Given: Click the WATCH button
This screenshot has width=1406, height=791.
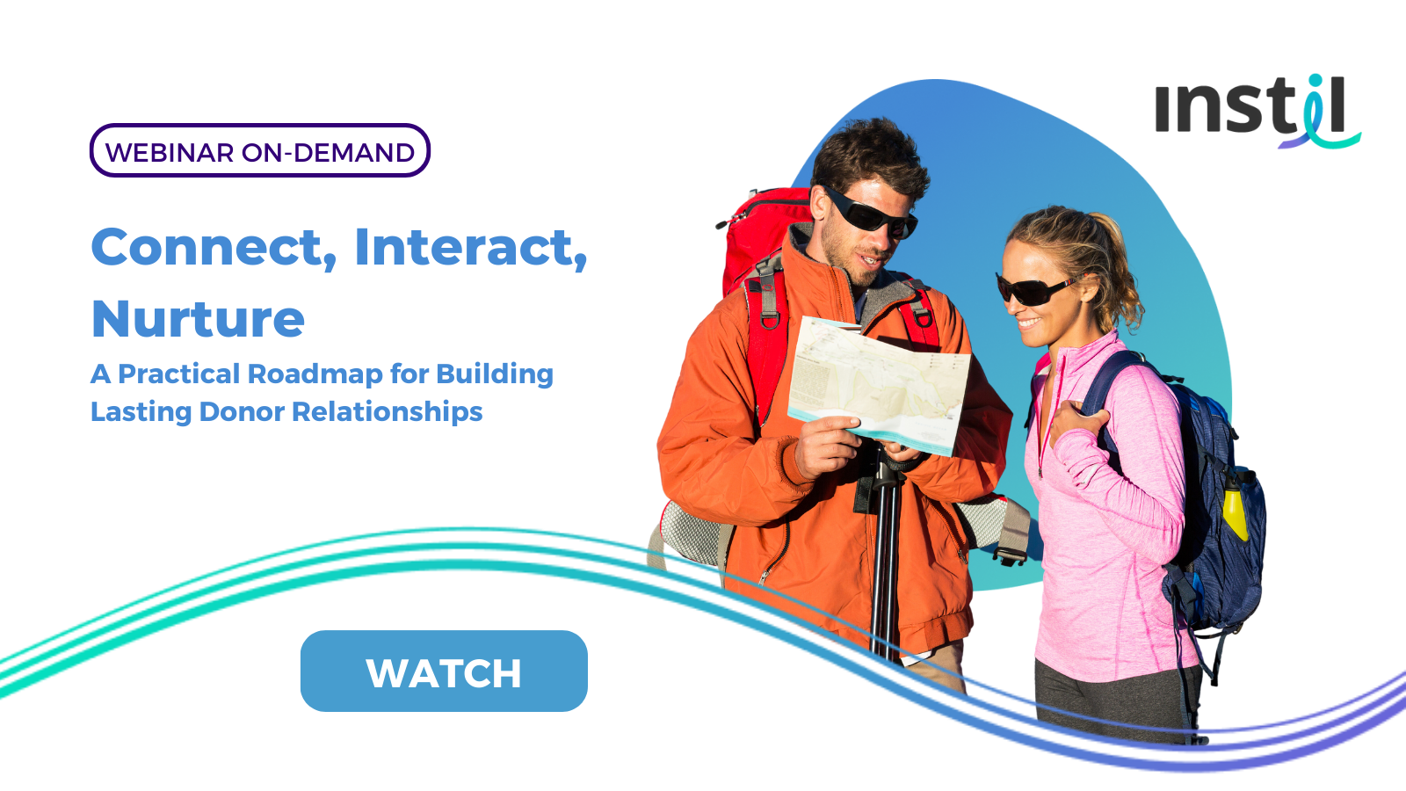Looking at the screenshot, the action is (x=444, y=671).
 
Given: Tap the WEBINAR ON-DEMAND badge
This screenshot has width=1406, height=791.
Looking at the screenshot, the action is (x=260, y=150).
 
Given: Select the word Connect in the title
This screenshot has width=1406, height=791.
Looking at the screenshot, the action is (x=214, y=247).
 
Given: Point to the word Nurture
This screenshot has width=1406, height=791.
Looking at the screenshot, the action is (x=199, y=319).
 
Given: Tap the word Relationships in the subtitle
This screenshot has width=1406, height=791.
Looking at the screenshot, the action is (x=388, y=412).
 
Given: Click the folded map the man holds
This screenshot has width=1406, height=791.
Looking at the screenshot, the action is (x=880, y=384).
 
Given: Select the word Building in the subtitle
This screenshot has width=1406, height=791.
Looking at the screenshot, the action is (x=495, y=374).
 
